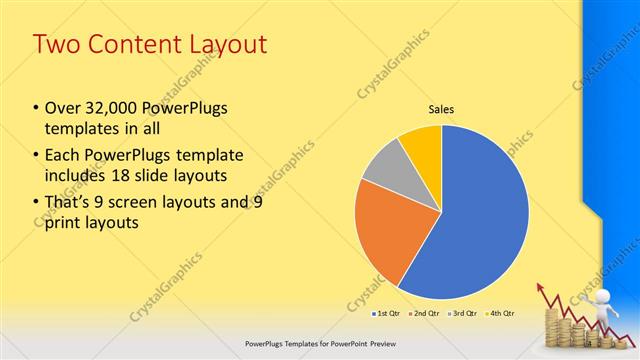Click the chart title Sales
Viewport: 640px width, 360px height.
[x=442, y=110]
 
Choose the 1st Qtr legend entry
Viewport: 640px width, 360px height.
[x=384, y=313]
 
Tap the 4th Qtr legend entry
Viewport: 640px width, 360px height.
[x=502, y=313]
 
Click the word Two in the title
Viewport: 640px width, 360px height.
[x=55, y=45]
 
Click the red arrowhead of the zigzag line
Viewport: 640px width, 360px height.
[x=543, y=290]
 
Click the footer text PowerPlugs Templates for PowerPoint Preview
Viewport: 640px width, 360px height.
[x=319, y=343]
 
